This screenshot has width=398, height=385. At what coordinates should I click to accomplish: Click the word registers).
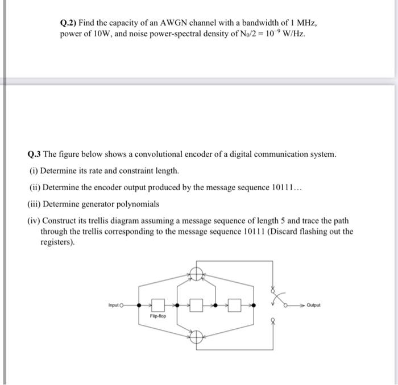pyautogui.click(x=57, y=242)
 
